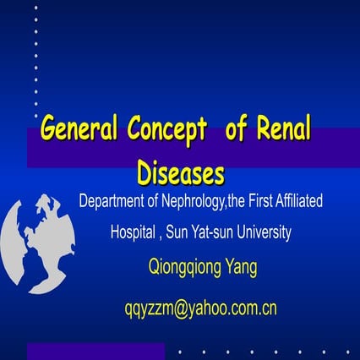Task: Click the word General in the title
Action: click(x=81, y=131)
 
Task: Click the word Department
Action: click(x=117, y=202)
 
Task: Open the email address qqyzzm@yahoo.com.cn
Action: click(x=199, y=308)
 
